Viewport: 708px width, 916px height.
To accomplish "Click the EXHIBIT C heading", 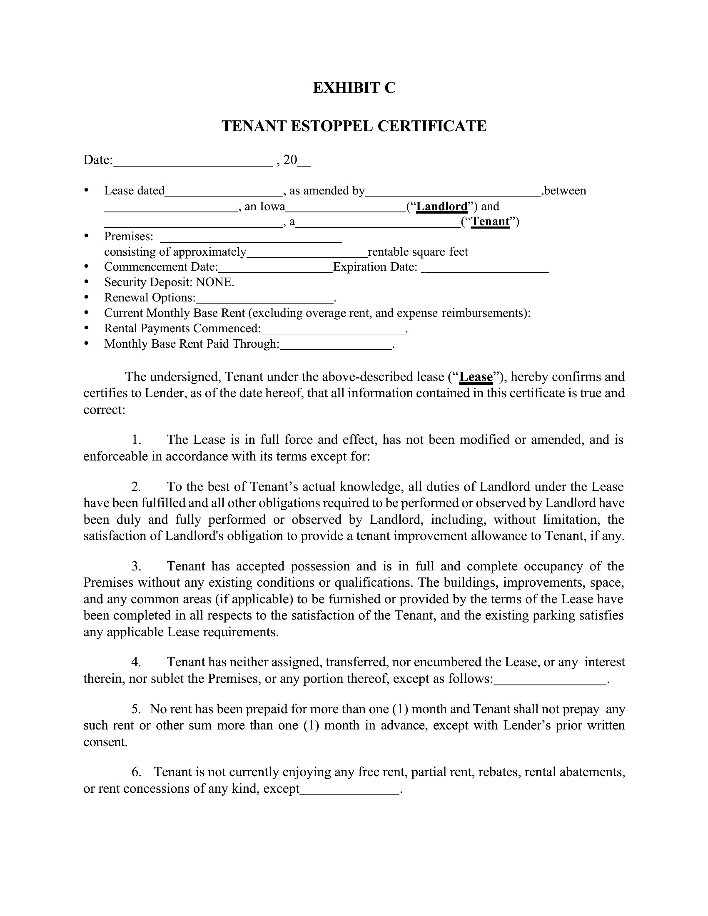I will (x=354, y=88).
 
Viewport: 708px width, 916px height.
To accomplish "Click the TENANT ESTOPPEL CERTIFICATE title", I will (x=354, y=126).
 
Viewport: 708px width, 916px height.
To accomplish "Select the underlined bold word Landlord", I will (x=441, y=207).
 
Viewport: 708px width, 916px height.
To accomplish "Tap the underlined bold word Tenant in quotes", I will (x=490, y=222).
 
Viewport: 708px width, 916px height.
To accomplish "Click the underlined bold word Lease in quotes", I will (x=476, y=377).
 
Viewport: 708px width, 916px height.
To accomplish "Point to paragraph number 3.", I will (x=136, y=566).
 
